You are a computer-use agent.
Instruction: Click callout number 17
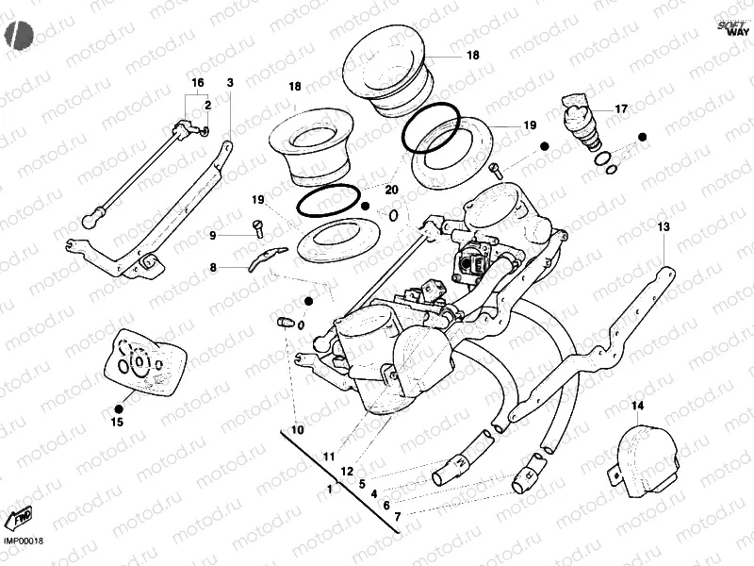[x=621, y=109]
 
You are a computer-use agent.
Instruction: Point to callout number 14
[x=637, y=407]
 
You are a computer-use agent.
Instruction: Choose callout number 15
[x=118, y=423]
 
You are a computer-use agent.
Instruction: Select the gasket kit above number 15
[x=140, y=363]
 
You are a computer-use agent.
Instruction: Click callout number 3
[x=229, y=83]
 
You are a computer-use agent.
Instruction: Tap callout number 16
[x=198, y=83]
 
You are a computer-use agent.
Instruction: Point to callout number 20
[x=392, y=190]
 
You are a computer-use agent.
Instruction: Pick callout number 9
[x=213, y=235]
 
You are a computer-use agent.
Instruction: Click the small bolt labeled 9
[x=257, y=226]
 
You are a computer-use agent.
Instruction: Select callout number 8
[x=213, y=268]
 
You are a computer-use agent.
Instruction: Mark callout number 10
[x=298, y=430]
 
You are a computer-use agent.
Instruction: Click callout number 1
[x=330, y=489]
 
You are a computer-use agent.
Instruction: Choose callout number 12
[x=348, y=470]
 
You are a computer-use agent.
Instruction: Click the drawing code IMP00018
[x=25, y=541]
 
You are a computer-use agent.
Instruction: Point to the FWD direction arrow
[x=20, y=517]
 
